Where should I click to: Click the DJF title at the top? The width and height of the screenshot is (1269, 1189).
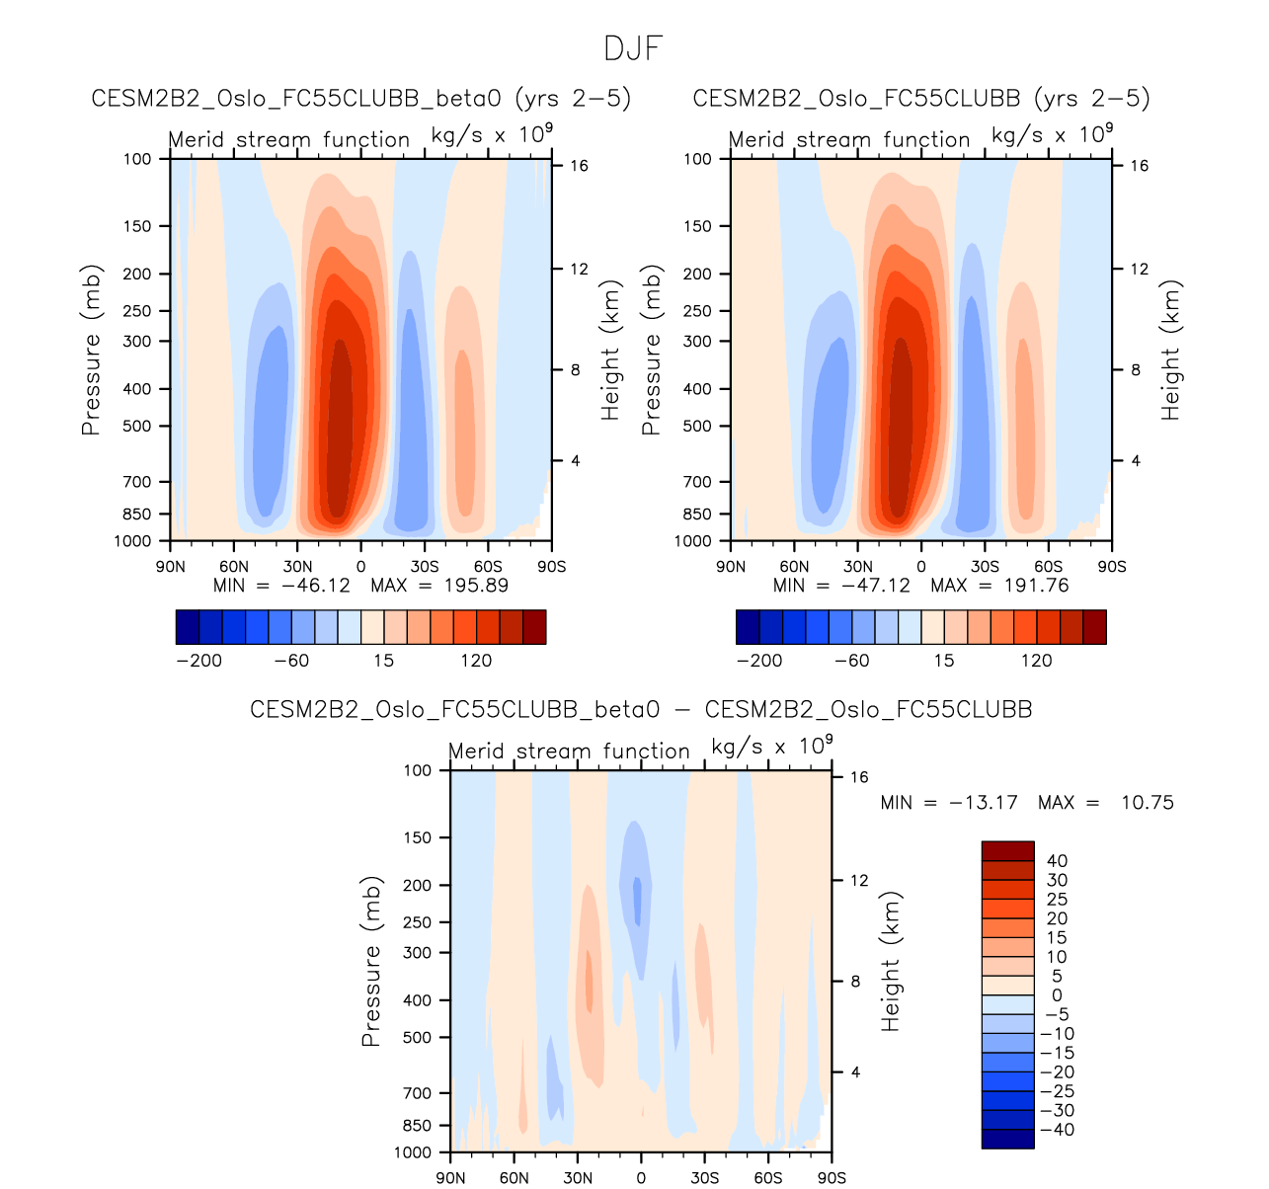pos(633,48)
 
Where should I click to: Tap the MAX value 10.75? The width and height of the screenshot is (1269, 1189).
pos(1147,803)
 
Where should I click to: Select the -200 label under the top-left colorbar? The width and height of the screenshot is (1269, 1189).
pos(198,661)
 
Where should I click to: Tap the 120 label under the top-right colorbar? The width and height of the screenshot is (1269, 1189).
pos(1037,661)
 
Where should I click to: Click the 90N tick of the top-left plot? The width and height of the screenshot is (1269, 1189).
pos(171,567)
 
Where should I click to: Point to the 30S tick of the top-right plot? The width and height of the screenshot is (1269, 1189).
pos(985,567)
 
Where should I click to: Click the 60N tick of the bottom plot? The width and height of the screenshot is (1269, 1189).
pos(514,1178)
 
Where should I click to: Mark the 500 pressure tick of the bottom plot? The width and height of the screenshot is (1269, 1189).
pos(418,1038)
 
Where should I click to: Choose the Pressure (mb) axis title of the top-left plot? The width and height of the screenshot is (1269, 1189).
pos(91,350)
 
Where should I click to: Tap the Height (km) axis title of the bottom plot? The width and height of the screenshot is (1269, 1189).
pos(892,962)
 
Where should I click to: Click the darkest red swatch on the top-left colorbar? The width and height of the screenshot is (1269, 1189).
pos(534,627)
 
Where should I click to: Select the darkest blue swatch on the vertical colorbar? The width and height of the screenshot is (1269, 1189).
pos(1007,1139)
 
